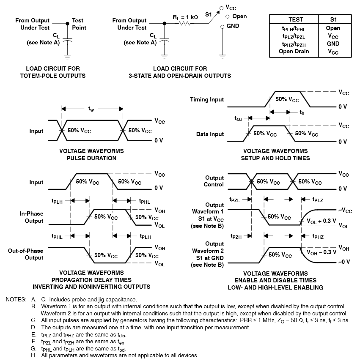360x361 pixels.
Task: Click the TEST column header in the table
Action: tap(295, 19)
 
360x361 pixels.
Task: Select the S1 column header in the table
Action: tap(333, 19)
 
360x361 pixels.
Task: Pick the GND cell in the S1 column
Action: tap(333, 44)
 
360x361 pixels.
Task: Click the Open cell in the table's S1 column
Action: tap(333, 28)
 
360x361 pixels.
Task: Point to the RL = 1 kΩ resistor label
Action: tap(185, 17)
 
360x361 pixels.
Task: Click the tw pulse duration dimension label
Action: tap(91, 109)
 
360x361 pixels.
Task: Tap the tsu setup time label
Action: tap(238, 118)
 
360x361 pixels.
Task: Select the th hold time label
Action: tap(302, 112)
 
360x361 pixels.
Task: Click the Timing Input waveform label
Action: tap(207, 100)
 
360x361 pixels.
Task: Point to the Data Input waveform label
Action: tap(210, 134)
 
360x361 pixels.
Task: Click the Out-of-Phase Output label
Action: tap(25, 254)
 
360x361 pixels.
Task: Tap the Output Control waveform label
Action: tap(214, 181)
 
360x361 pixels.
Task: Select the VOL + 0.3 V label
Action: tap(321, 221)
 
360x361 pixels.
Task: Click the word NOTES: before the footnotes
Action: tap(16, 299)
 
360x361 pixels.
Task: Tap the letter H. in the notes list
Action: tap(34, 355)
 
